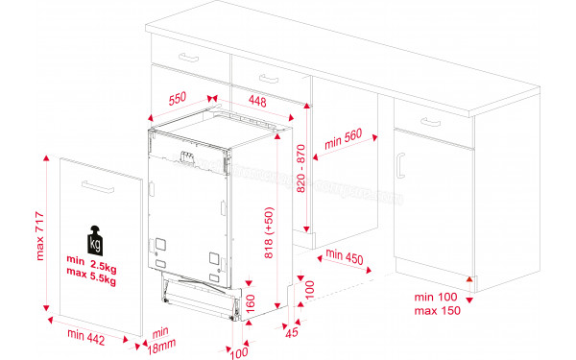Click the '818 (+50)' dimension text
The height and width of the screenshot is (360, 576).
(x=269, y=232)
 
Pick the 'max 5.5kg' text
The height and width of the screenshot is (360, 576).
(x=91, y=280)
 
